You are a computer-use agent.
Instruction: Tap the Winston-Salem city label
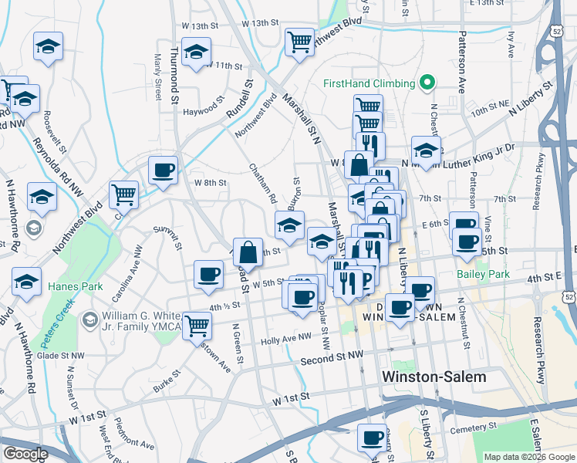(435, 377)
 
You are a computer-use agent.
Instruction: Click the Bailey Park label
(483, 274)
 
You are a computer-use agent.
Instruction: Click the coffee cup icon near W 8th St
(163, 170)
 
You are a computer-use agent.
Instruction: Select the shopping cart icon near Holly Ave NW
(197, 325)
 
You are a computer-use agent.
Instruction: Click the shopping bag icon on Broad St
(248, 252)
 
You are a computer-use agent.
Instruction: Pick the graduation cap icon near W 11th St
(197, 52)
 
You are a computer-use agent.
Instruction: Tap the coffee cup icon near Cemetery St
(372, 437)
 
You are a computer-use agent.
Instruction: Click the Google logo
(25, 454)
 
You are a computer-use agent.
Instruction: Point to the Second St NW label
(332, 360)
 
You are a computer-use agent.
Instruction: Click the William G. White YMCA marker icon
(90, 319)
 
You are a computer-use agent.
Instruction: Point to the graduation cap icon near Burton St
(290, 225)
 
